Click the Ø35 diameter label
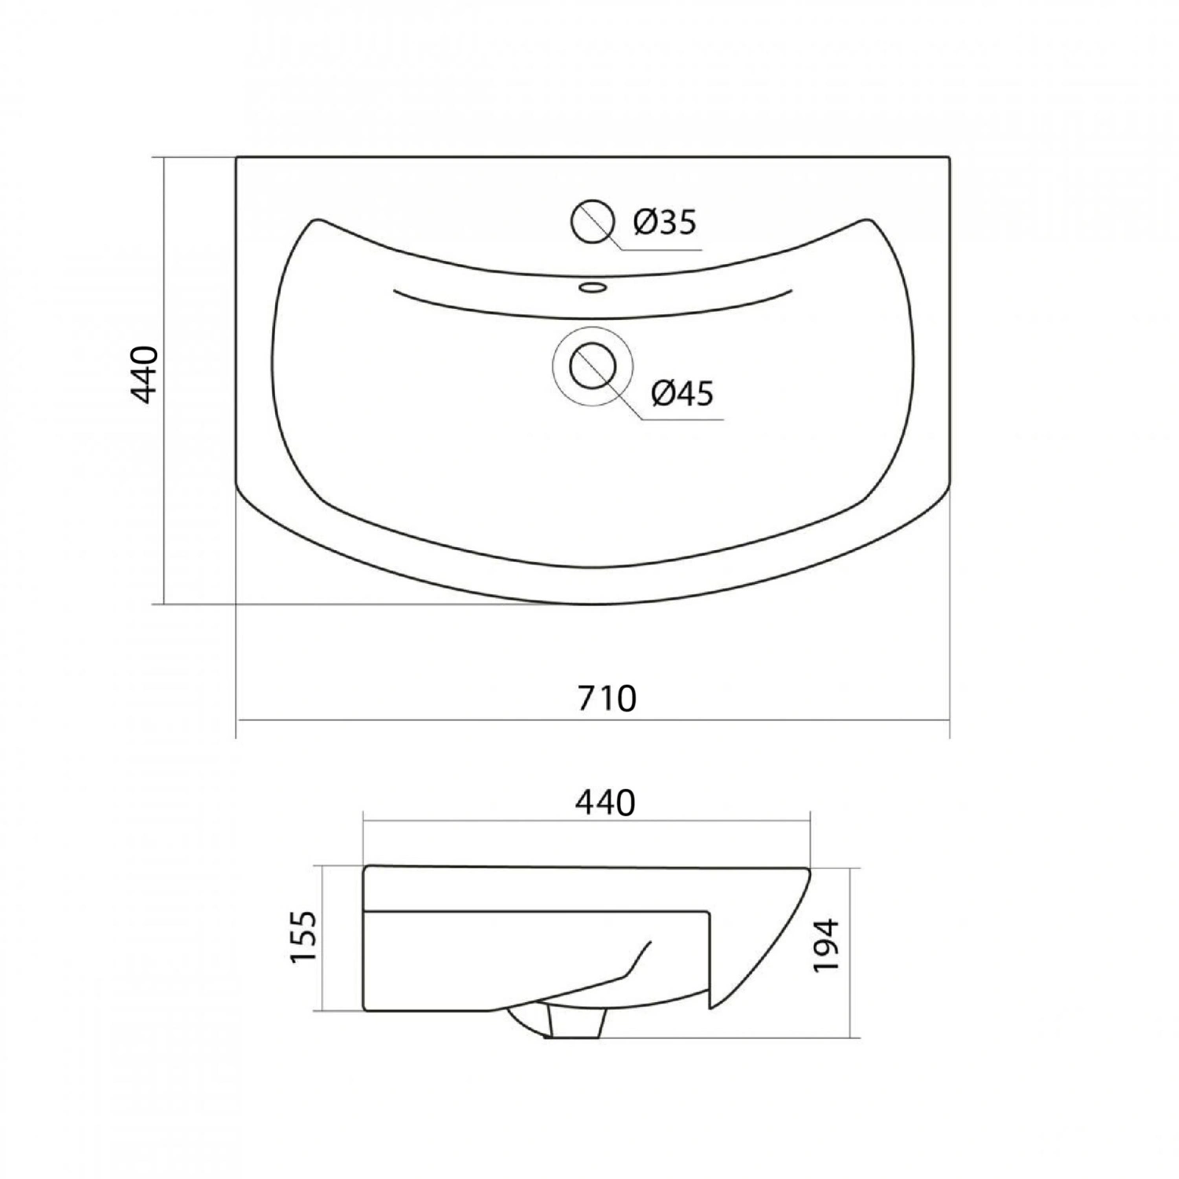tap(665, 223)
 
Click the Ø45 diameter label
tap(682, 393)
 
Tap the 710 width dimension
tap(606, 698)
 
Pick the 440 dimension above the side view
tap(604, 803)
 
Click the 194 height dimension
tap(826, 946)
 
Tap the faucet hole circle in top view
tap(592, 221)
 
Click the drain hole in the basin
tap(591, 365)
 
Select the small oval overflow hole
tap(593, 287)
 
